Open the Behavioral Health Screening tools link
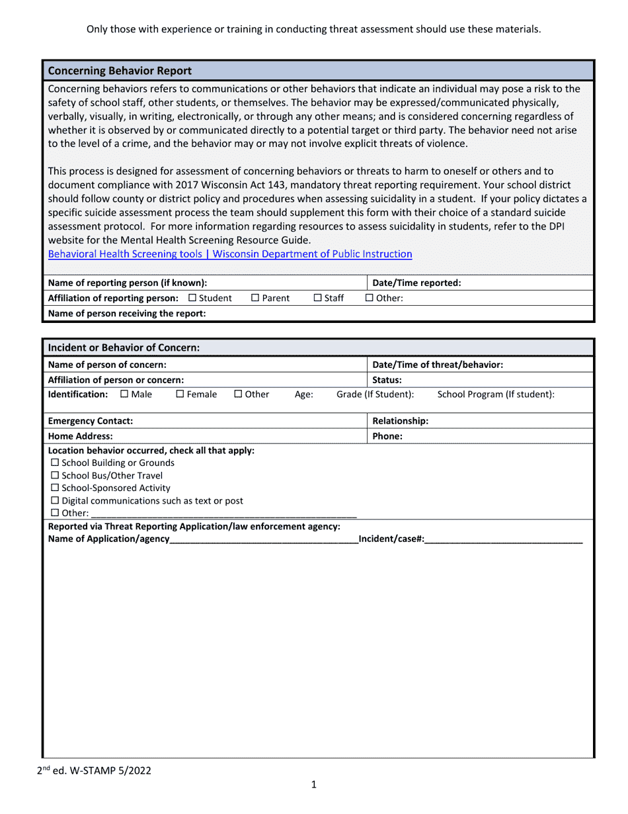click(x=230, y=254)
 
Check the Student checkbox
click(x=192, y=298)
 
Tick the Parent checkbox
click(x=255, y=298)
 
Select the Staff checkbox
click(x=317, y=298)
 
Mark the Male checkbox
click(x=124, y=394)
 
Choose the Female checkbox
click(x=180, y=394)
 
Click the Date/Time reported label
click(x=416, y=283)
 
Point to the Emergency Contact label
click(x=91, y=421)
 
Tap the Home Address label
click(x=81, y=436)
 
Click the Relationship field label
click(x=401, y=421)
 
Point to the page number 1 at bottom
click(x=314, y=785)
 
